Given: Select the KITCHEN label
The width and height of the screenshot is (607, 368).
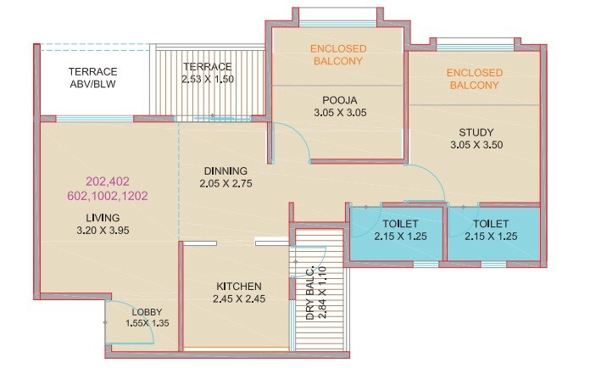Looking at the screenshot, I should [x=237, y=287].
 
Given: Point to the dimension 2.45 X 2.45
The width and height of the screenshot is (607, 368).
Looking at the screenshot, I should [x=237, y=299].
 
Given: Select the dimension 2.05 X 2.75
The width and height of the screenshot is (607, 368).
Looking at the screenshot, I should [x=226, y=183].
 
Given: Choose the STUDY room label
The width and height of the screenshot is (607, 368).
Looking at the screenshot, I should [x=475, y=132].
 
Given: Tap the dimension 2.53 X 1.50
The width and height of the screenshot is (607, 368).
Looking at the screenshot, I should [x=207, y=79].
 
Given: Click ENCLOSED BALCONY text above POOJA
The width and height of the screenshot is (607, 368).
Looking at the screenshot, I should [x=337, y=55].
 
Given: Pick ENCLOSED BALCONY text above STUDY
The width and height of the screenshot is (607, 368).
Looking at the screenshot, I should [x=475, y=80].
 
